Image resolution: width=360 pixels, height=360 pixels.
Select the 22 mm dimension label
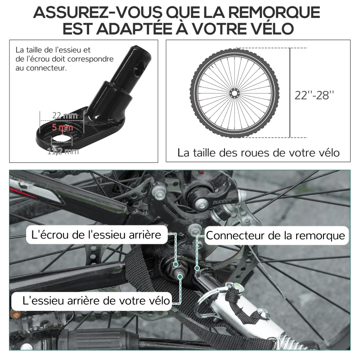63,116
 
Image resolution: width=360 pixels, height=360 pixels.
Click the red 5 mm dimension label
62,128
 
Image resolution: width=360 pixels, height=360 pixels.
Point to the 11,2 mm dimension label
63,151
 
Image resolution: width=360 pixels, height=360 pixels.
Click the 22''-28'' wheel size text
315,95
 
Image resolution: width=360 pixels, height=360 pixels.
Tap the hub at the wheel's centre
234,93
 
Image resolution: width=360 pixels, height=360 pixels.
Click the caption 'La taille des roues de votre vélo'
258,153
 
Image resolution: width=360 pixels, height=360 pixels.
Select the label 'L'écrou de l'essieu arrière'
97,235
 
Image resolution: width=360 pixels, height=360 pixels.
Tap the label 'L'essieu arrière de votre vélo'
92,299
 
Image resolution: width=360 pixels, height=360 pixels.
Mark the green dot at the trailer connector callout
197,269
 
